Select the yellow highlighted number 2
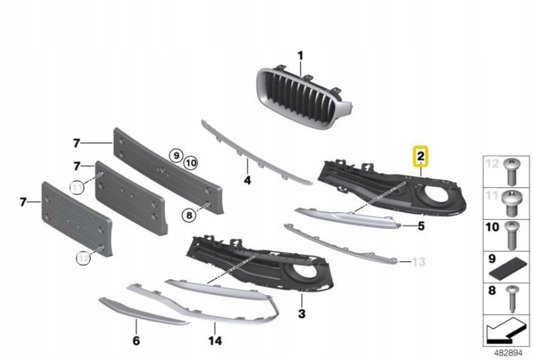point(420,157)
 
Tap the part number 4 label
point(247,181)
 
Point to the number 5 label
point(421,227)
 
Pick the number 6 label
point(136,340)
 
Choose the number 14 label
point(215,340)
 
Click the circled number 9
point(176,156)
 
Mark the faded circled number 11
point(77,187)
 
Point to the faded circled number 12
point(83,260)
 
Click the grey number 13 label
point(418,262)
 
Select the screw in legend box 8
point(507,299)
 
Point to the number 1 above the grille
point(301,57)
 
